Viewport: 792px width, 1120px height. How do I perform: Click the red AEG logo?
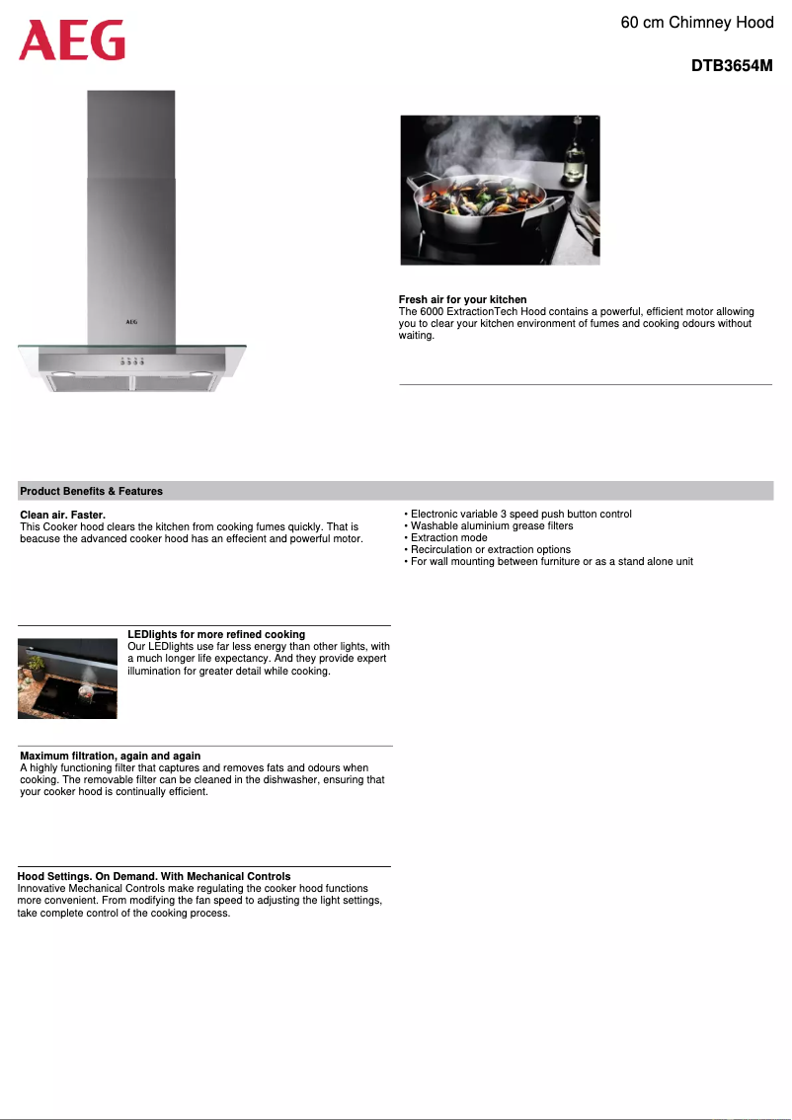click(72, 40)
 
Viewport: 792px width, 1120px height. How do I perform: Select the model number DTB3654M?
click(731, 67)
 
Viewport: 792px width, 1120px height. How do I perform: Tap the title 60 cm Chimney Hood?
click(696, 22)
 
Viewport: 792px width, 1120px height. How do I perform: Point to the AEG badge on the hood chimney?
click(131, 321)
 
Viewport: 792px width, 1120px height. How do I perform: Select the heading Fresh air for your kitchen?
click(462, 299)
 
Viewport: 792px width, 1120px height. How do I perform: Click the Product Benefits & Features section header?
click(91, 491)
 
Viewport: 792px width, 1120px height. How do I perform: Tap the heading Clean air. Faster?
click(62, 516)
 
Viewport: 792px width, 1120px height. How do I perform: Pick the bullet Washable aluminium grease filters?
click(491, 526)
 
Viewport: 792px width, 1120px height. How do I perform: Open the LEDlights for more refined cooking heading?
click(216, 634)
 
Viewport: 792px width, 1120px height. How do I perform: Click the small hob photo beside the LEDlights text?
click(67, 679)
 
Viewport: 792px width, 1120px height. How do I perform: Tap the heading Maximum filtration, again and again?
click(110, 756)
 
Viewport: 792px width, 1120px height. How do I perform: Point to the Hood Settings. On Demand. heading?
click(154, 876)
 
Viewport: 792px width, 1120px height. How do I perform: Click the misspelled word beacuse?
click(40, 539)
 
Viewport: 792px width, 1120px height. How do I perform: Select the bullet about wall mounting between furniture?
click(551, 562)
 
